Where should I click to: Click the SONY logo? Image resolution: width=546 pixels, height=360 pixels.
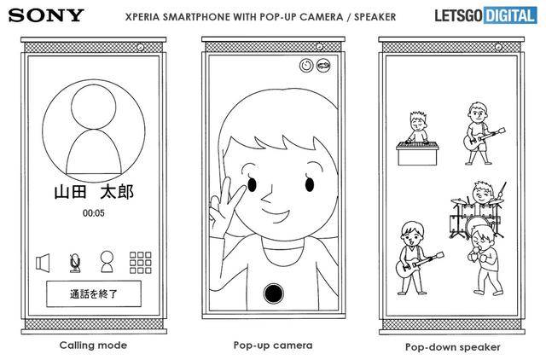(x=46, y=15)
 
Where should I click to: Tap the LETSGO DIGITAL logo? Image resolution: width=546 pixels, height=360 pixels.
(x=485, y=15)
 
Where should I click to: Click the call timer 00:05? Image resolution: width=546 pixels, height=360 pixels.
(x=93, y=213)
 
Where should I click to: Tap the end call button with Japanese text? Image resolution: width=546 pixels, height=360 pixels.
(x=94, y=293)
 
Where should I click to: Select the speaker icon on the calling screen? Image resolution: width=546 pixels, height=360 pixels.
(x=43, y=263)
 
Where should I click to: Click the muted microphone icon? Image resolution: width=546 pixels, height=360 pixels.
(x=75, y=263)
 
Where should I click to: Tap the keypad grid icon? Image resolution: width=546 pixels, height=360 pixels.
(x=140, y=263)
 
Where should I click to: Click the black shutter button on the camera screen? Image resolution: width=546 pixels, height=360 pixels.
(x=273, y=293)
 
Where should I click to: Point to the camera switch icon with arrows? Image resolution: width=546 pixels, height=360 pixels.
(x=323, y=66)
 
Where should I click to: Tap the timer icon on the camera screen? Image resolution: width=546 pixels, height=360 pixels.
(x=306, y=66)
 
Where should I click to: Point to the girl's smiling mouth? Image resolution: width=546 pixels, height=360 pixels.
(x=276, y=215)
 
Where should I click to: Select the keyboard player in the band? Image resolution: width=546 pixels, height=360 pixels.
(x=417, y=138)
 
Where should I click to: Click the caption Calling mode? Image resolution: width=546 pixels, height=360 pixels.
(x=93, y=345)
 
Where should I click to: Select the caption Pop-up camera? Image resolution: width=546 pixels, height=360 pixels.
(x=273, y=345)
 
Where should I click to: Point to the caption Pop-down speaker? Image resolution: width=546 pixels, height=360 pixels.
(x=453, y=347)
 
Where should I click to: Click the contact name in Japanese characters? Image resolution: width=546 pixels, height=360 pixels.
(x=94, y=192)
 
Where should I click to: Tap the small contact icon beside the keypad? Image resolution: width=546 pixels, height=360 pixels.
(x=107, y=262)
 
